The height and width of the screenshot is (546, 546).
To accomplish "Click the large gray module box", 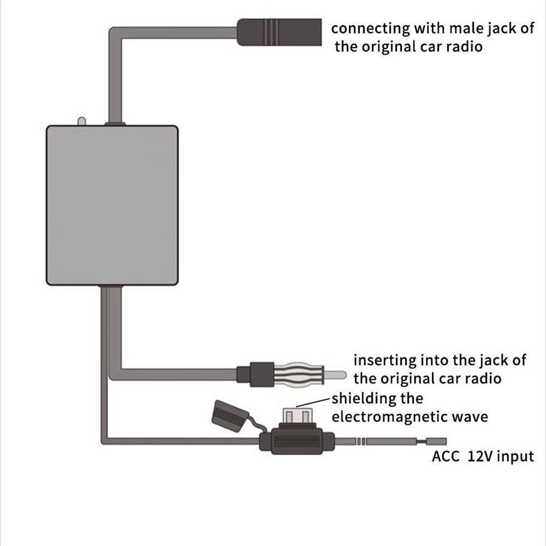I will [112, 204].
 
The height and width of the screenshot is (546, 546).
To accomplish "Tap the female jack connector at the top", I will [278, 32].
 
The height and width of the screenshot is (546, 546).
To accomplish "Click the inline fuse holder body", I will [297, 442].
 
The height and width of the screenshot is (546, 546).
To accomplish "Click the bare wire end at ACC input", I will [437, 442].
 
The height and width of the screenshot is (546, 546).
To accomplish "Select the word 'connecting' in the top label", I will [370, 29].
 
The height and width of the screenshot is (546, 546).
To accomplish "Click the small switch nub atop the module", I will [81, 121].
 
